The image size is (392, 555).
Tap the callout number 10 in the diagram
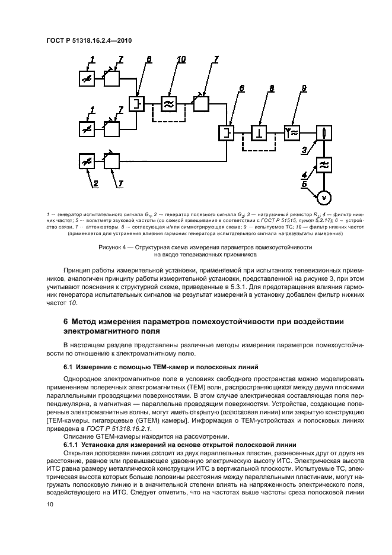181,58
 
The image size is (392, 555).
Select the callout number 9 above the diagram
303,88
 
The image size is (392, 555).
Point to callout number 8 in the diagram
272,88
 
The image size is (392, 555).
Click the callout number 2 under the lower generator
94,184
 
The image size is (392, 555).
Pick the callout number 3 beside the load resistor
304,151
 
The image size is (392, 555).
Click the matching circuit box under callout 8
259,132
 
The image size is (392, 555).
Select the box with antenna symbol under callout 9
292,132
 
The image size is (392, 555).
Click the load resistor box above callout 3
323,132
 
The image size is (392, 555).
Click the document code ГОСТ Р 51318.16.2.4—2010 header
89,40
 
